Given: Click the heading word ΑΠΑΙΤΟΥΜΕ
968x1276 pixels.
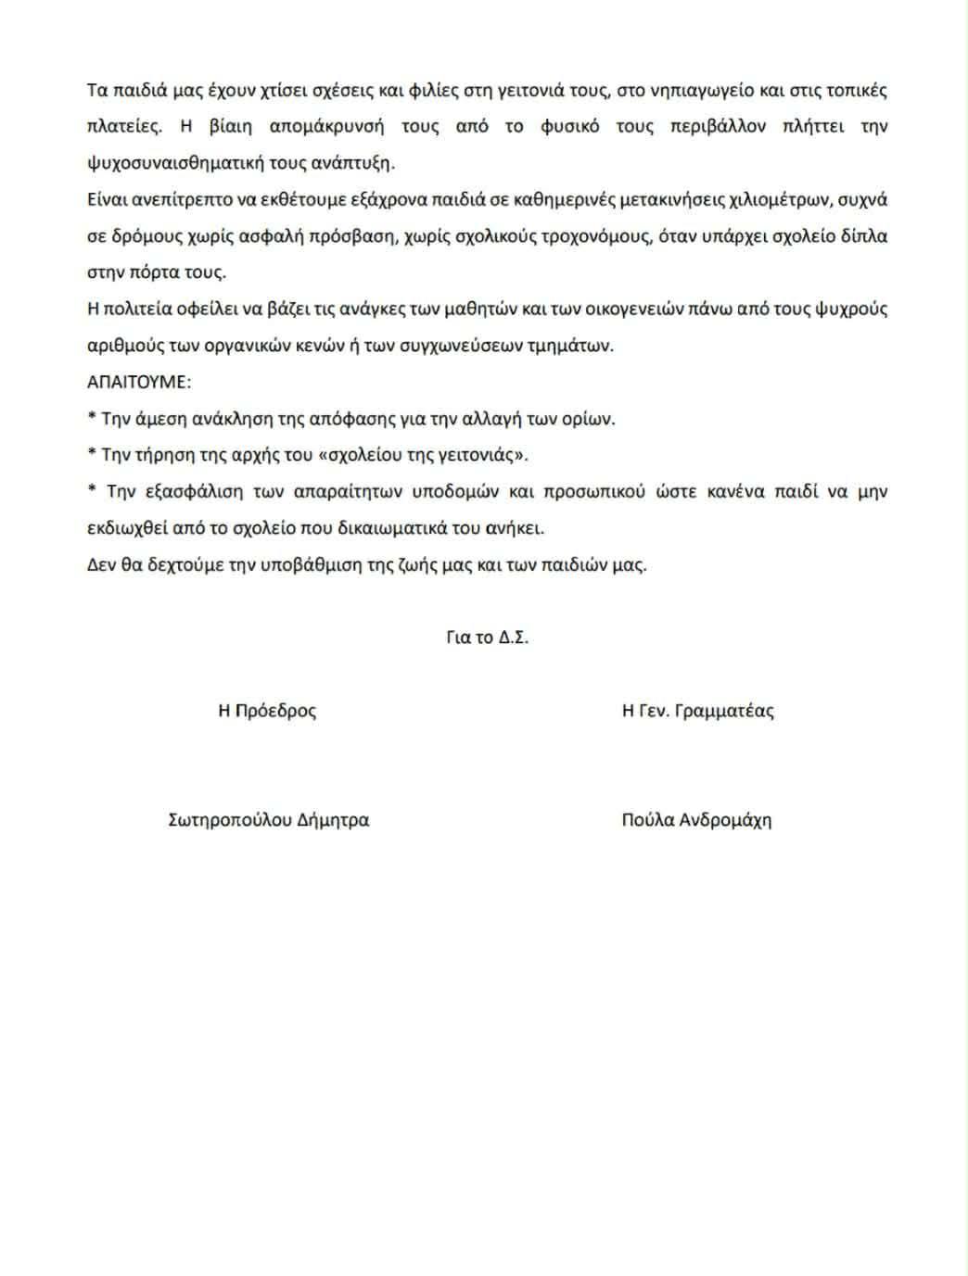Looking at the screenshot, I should tap(139, 382).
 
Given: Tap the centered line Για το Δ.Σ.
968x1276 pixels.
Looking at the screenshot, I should tap(487, 638).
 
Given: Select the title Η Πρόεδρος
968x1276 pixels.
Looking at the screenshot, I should tap(267, 711).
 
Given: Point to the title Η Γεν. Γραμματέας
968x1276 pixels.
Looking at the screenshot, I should tap(697, 711).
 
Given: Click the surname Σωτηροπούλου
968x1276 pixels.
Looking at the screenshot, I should tap(231, 820).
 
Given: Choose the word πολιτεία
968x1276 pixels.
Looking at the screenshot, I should tap(135, 309).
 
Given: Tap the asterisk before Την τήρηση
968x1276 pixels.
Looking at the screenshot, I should tap(92, 453).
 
